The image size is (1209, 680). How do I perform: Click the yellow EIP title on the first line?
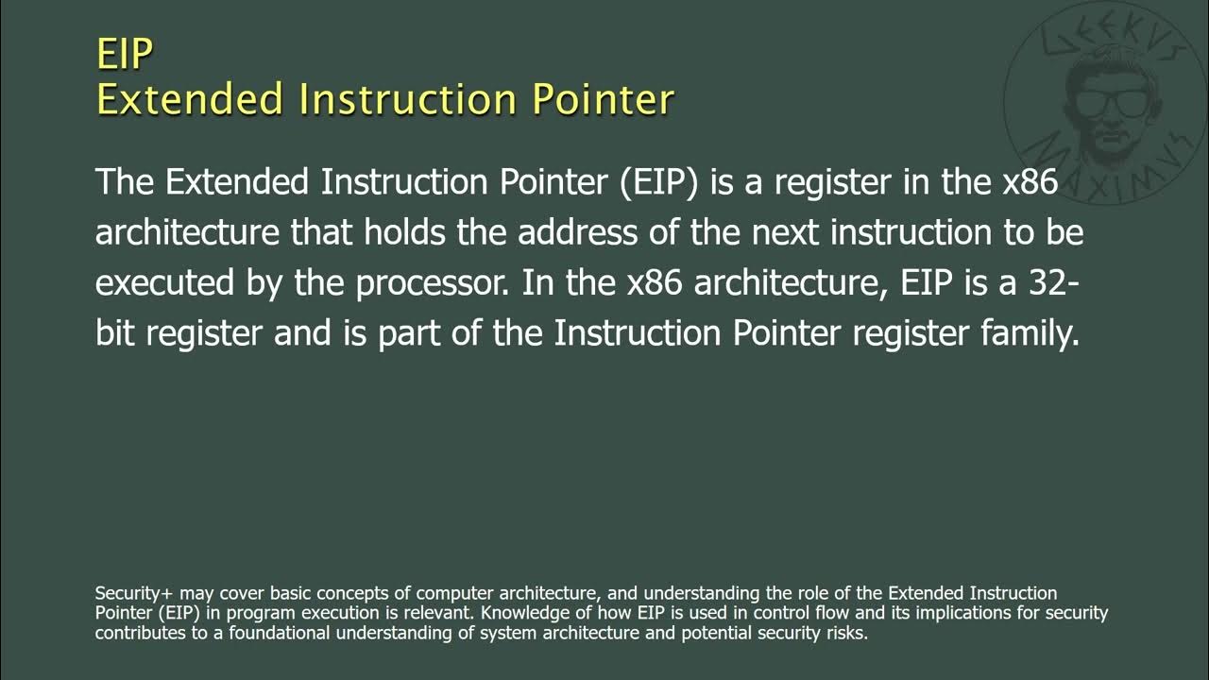124,54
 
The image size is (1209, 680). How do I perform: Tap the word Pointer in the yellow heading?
602,99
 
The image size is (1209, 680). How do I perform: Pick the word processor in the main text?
423,283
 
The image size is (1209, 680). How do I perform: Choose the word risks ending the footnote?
844,633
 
